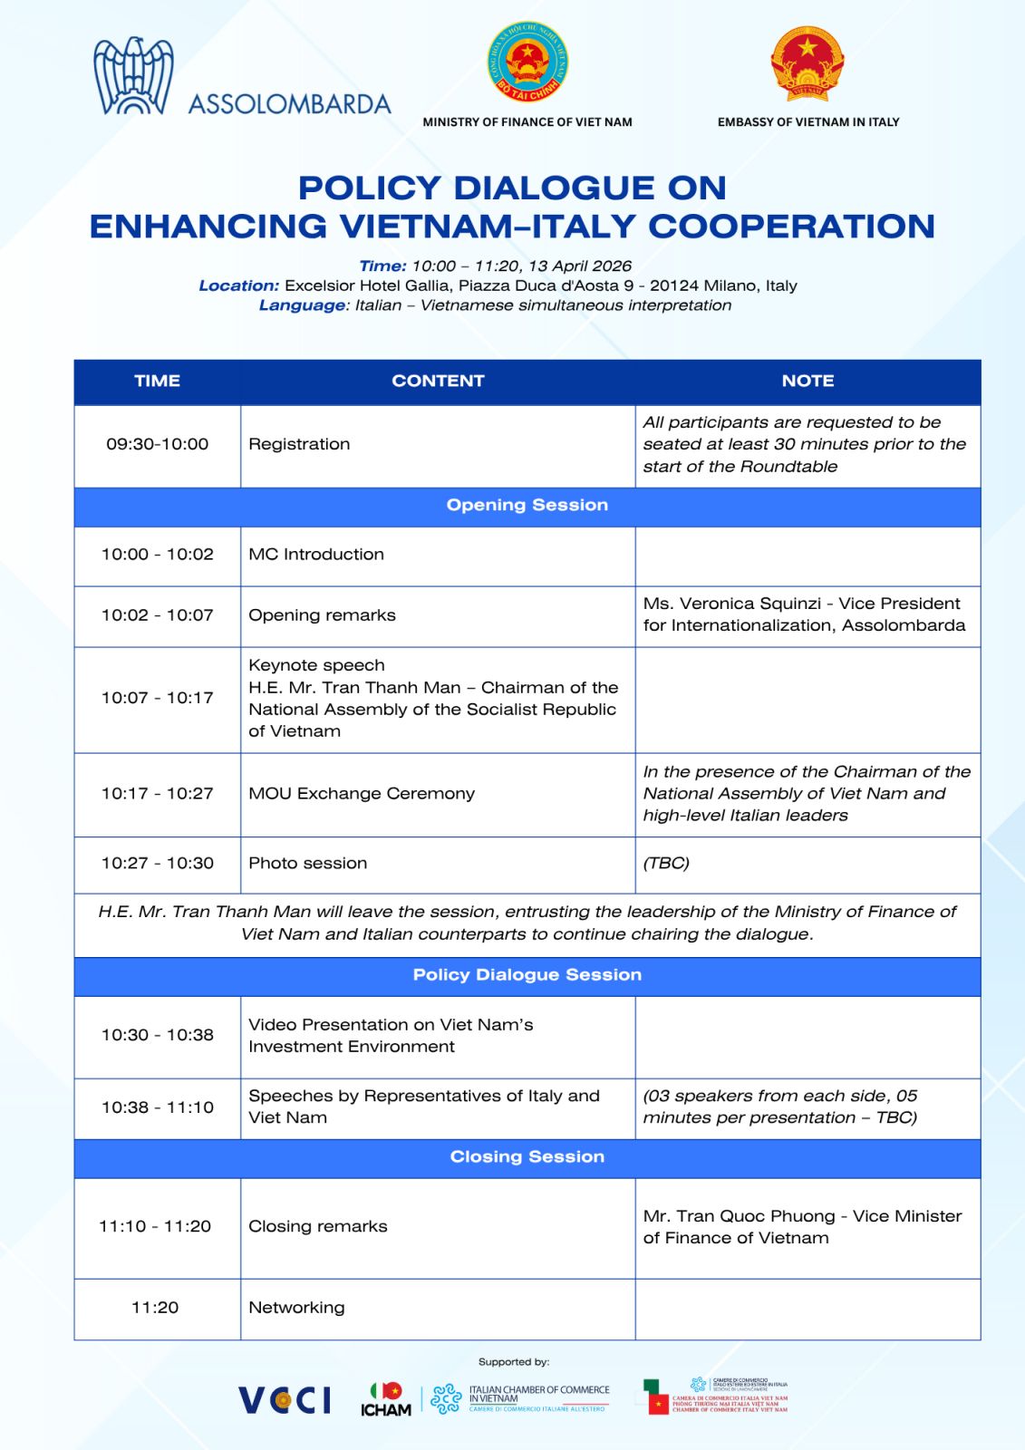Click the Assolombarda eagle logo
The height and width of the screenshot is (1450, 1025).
[133, 77]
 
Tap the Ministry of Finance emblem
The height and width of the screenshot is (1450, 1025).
[527, 63]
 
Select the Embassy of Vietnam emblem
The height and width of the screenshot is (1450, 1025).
[807, 63]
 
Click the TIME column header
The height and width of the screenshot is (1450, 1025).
[157, 382]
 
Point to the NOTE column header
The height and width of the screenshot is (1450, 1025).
[807, 382]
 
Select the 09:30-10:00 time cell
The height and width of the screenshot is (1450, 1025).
[157, 444]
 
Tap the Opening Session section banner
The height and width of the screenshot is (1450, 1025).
[527, 506]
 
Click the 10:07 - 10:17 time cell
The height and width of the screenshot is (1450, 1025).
[157, 698]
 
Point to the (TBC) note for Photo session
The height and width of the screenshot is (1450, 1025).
[666, 864]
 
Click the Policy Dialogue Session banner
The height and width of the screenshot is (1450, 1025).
[527, 975]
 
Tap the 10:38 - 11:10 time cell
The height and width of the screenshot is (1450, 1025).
[157, 1107]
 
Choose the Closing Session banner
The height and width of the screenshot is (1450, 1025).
[527, 1157]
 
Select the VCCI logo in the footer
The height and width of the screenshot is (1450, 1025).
[285, 1400]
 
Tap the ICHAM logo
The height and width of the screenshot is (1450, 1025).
[386, 1400]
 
